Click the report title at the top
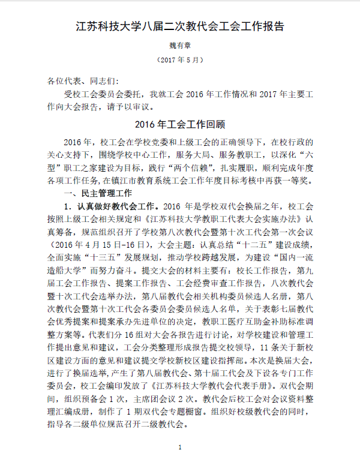coord(180,27)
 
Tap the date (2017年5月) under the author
coord(180,60)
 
